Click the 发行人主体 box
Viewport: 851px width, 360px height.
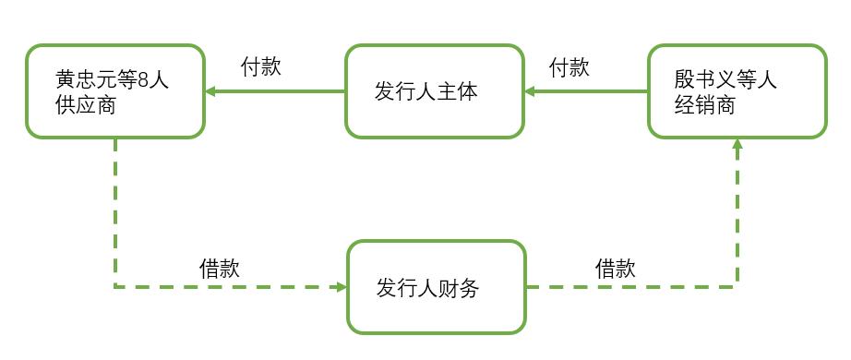click(435, 91)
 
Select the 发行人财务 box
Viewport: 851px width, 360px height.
click(436, 287)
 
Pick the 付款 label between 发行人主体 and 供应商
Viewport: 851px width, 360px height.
click(261, 67)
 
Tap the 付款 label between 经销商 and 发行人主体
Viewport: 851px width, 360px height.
click(569, 67)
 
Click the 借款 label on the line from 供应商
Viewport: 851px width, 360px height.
click(220, 268)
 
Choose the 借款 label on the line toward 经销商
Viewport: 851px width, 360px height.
click(615, 268)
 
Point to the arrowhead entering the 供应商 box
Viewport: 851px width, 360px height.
click(211, 91)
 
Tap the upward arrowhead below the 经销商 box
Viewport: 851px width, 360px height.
click(737, 146)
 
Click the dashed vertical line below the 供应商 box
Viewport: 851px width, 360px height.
click(114, 212)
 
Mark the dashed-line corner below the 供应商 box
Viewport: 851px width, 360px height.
click(114, 287)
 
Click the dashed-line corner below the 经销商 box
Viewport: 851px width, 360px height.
click(737, 287)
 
